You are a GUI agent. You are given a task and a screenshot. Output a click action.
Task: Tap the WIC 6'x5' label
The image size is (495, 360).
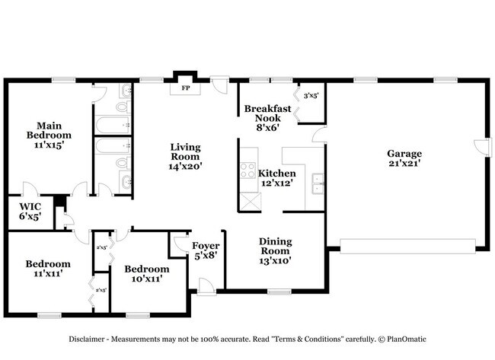click(x=30, y=211)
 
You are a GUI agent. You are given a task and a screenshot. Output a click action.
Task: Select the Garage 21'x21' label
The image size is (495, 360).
click(x=404, y=157)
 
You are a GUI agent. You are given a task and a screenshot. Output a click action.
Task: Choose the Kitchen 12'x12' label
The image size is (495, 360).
click(x=275, y=178)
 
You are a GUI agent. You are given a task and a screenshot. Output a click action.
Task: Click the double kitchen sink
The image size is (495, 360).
click(x=318, y=183)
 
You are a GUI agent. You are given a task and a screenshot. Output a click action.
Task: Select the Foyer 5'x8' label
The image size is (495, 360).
click(x=206, y=250)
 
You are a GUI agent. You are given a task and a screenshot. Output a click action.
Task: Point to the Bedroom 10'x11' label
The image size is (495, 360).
click(x=146, y=273)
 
